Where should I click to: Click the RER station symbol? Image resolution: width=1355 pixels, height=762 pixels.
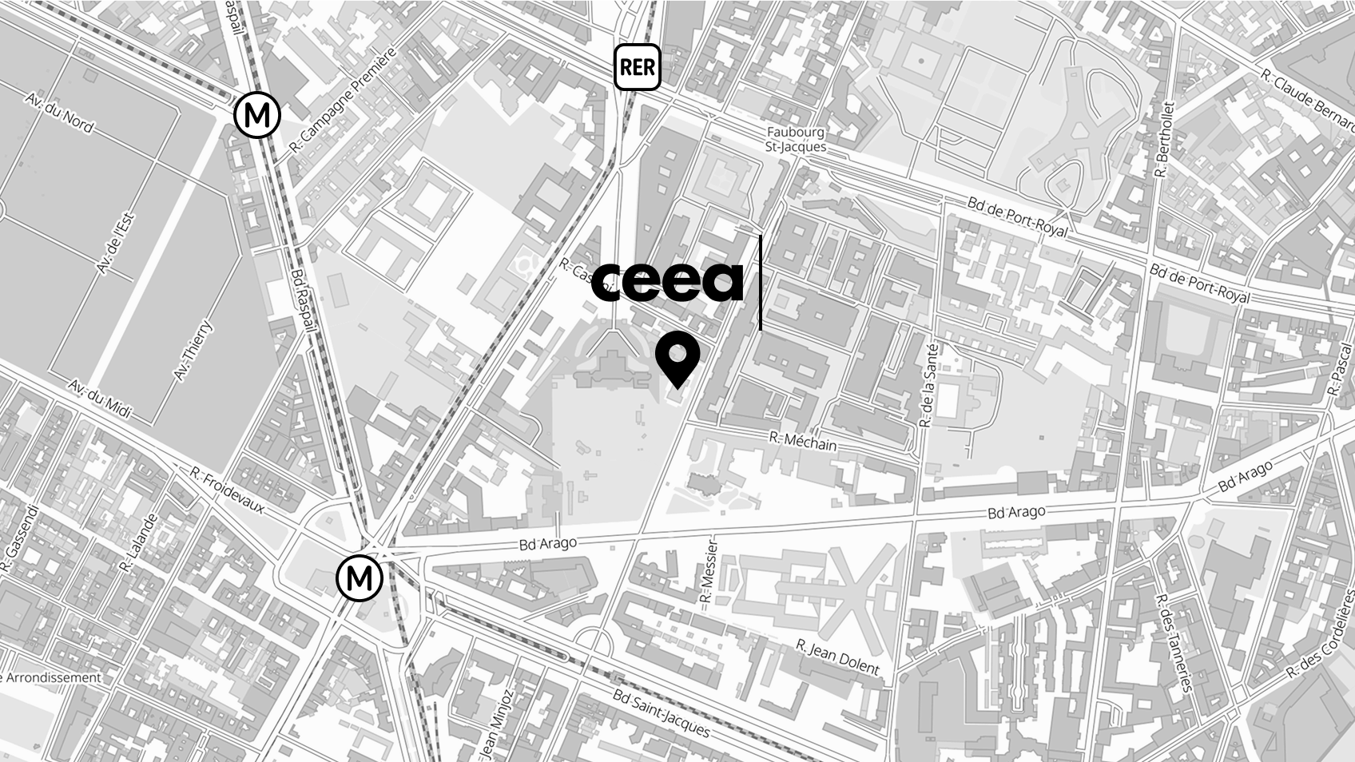pos(637,67)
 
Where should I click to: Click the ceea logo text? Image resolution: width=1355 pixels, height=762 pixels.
pos(668,281)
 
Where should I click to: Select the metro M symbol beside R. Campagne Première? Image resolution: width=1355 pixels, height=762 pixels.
pos(257,116)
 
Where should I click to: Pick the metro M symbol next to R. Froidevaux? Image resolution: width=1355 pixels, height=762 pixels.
pos(360,577)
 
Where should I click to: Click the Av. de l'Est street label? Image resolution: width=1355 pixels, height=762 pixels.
pos(116,243)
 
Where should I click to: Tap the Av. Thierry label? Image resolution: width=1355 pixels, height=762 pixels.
pos(193,350)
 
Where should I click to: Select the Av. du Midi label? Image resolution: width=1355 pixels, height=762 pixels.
pos(99,399)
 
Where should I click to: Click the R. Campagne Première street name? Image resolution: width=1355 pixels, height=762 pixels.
pos(343,100)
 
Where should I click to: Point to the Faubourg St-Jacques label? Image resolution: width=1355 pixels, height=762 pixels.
pos(795,139)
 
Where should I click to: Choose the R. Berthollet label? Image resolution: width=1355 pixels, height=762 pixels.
pos(1165,140)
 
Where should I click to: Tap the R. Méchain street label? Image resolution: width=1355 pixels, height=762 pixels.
pos(803,440)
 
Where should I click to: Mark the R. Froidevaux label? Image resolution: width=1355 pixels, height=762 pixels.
pos(228,489)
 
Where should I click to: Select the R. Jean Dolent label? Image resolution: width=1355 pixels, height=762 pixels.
pos(837,657)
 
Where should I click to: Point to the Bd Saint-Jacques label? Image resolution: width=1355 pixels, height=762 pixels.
pos(661,712)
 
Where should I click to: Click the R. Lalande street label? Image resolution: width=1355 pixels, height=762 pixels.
pos(138,542)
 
